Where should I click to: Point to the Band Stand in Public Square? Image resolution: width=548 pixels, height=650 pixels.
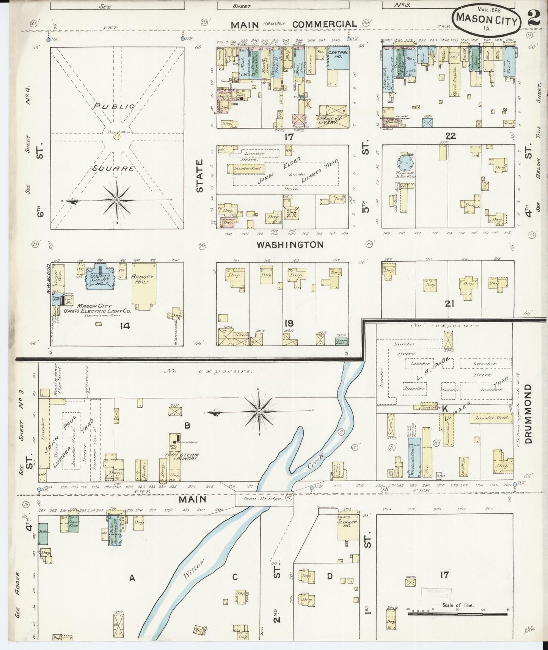click(117, 136)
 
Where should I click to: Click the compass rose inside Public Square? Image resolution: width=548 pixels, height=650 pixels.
click(117, 200)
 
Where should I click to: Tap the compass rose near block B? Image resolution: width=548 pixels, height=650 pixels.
click(259, 412)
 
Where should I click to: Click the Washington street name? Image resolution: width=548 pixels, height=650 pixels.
click(290, 245)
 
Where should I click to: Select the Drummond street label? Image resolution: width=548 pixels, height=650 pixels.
click(529, 414)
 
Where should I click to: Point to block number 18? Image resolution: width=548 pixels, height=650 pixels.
click(289, 323)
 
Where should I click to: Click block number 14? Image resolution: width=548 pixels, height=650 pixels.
click(125, 325)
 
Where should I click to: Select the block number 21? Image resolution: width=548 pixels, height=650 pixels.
click(450, 303)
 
